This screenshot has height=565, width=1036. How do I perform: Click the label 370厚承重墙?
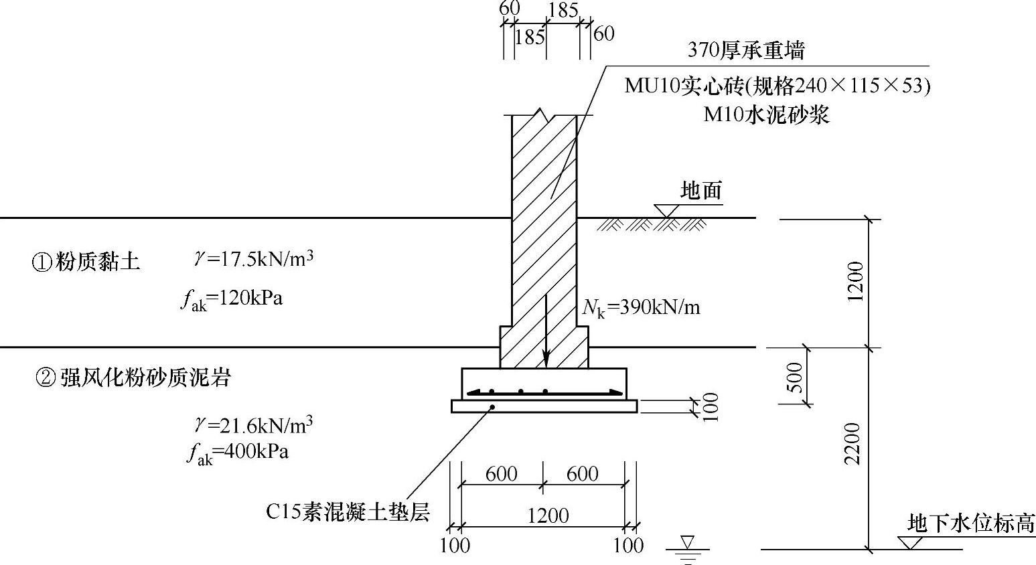[x=745, y=50]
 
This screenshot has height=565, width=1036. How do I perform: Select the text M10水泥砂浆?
[x=766, y=114]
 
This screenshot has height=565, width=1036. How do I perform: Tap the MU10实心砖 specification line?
[x=777, y=86]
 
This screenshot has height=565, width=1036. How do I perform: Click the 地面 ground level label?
[x=701, y=191]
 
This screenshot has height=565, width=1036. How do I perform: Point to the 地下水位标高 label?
[x=970, y=523]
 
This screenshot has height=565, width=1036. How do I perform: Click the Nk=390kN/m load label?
[x=641, y=307]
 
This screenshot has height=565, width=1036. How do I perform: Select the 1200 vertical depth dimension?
[x=856, y=282]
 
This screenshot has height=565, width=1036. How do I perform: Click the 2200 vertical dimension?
[x=852, y=444]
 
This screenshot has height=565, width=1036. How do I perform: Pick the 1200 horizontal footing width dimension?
[x=547, y=515]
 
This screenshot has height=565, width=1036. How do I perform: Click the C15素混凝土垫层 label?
[x=347, y=511]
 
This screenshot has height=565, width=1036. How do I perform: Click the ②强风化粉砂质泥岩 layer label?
[x=133, y=378]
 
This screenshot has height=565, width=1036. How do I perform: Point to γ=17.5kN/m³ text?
[x=254, y=258]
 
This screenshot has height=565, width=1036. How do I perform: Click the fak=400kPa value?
[x=238, y=453]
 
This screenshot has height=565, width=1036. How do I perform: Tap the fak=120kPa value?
[x=232, y=299]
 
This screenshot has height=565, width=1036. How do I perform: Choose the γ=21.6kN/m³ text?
[x=254, y=424]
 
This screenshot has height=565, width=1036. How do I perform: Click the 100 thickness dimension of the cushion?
[x=711, y=406]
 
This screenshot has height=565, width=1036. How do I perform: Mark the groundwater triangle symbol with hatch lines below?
[x=688, y=545]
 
